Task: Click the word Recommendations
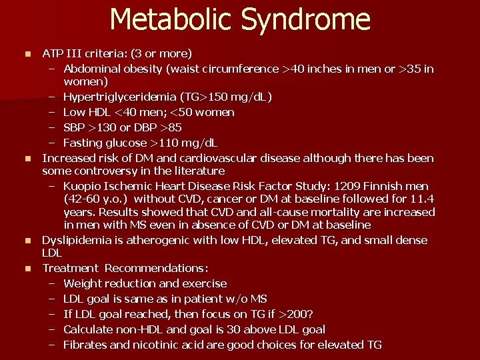tap(156, 268)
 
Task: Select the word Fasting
tap(83, 143)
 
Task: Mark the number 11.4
tap(421, 199)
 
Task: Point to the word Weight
tap(82, 284)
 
